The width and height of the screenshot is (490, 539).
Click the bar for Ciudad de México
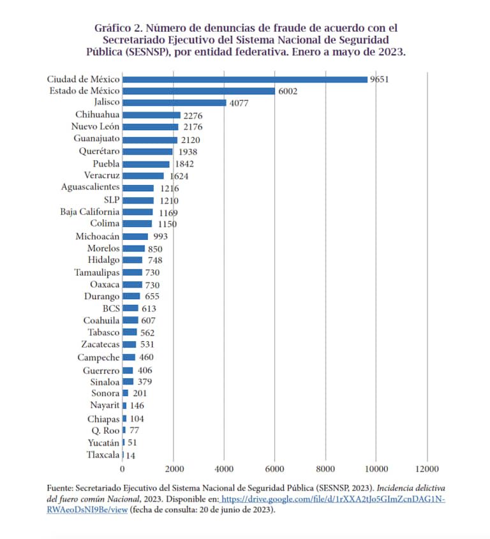point(244,79)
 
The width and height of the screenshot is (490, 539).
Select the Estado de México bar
point(198,91)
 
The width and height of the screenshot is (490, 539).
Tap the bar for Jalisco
point(174,103)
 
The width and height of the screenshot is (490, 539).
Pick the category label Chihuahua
point(97,115)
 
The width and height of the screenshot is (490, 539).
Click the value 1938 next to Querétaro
point(186,152)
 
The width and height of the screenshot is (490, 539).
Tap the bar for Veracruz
point(143,175)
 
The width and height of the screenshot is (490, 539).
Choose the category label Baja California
point(89,212)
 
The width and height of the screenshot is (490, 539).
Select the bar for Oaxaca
point(132,284)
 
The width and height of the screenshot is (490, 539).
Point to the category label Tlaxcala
point(103,455)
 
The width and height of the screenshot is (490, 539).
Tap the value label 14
point(131,455)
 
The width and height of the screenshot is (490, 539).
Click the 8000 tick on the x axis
point(325,468)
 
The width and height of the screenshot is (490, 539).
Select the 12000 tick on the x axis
point(427,468)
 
